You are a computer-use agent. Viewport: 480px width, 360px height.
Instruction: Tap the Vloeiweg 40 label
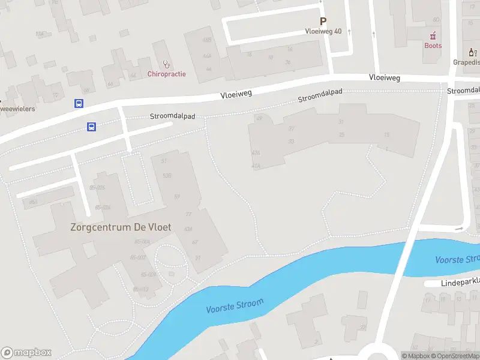[x=323, y=31]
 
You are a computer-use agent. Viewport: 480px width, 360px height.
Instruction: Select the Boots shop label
[x=433, y=46]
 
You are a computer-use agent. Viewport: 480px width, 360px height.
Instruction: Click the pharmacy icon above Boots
[x=433, y=35]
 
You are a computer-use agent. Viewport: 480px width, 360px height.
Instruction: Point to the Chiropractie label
[x=166, y=74]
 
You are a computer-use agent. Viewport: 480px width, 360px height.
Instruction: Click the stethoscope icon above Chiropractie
[x=167, y=63]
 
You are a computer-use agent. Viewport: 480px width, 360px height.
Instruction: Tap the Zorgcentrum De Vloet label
[x=121, y=227]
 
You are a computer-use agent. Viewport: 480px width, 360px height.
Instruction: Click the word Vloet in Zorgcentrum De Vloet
[x=159, y=227]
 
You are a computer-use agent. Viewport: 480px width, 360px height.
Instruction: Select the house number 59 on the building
[x=177, y=197]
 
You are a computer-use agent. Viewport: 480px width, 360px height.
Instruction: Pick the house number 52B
[x=167, y=175]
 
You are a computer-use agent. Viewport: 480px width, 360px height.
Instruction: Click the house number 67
[x=195, y=242]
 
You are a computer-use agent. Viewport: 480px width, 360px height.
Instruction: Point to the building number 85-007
[x=139, y=257]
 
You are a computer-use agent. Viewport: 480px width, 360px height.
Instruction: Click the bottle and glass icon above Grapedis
[x=472, y=52]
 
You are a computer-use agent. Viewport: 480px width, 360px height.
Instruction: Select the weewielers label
[x=17, y=109]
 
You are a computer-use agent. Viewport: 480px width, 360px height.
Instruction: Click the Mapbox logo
[x=26, y=353]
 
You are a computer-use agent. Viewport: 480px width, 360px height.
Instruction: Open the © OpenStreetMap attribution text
[x=460, y=356]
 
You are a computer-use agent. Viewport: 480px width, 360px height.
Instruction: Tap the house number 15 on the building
[x=387, y=134]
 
